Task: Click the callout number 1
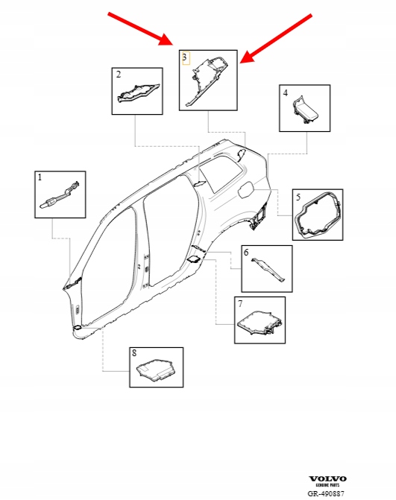pyautogui.click(x=40, y=177)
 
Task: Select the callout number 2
pyautogui.click(x=119, y=75)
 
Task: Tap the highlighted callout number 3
pyautogui.click(x=184, y=57)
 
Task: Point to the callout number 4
pyautogui.click(x=286, y=93)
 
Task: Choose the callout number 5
pyautogui.click(x=298, y=197)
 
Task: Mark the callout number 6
pyautogui.click(x=246, y=252)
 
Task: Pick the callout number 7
pyautogui.click(x=240, y=304)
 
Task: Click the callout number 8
pyautogui.click(x=134, y=353)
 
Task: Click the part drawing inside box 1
pyautogui.click(x=60, y=196)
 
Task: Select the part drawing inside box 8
pyautogui.click(x=157, y=370)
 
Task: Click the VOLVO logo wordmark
pyautogui.click(x=327, y=478)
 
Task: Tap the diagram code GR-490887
pyautogui.click(x=326, y=493)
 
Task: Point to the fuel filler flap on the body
pyautogui.click(x=245, y=189)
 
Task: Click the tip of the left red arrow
pyautogui.click(x=172, y=44)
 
